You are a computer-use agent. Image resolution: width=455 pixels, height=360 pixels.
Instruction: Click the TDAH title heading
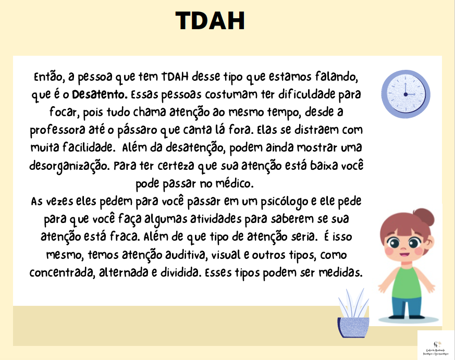(210, 21)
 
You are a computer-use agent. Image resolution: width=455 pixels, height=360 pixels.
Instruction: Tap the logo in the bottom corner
(436, 344)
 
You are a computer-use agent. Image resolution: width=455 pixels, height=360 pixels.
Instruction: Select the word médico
(240, 184)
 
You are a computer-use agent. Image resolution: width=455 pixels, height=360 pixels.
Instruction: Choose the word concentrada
(62, 273)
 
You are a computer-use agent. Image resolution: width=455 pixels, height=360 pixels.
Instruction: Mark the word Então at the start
(49, 77)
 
